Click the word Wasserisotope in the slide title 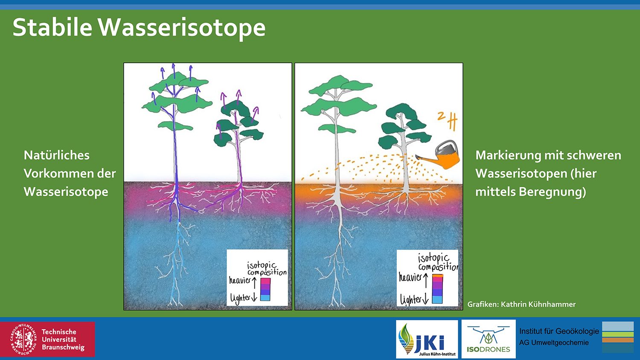click(182, 27)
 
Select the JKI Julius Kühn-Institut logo click(427, 339)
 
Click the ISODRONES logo click(489, 339)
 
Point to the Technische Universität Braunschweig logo click(47, 340)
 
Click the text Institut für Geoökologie click(559, 331)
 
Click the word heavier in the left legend click(240, 280)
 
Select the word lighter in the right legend click(410, 299)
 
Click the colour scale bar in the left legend click(265, 290)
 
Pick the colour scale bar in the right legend click(437, 289)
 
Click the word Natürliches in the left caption click(57, 155)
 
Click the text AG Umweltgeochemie click(554, 343)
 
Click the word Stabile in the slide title click(52, 27)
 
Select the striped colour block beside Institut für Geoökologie click(618, 337)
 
